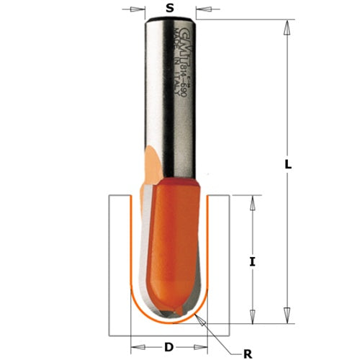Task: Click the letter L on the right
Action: [287, 165]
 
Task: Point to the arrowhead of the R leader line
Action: [200, 317]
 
